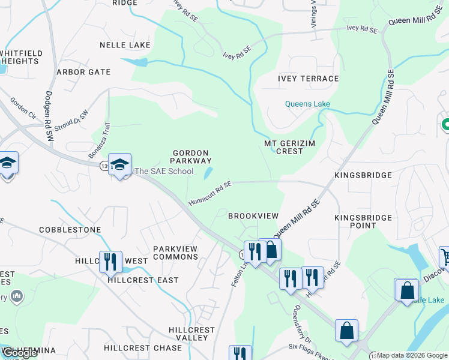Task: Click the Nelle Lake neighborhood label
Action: [124, 45]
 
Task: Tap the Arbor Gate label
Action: [83, 72]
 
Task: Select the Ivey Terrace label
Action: [308, 79]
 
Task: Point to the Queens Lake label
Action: [307, 104]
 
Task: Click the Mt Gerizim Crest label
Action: [292, 147]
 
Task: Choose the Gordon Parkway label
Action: [191, 157]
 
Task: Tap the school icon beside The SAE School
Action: [119, 165]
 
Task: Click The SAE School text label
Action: [164, 171]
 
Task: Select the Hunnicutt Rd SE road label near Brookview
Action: [209, 193]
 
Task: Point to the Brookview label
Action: [253, 215]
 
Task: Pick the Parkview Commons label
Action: [175, 253]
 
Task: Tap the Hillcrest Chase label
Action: [142, 348]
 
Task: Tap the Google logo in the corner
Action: [19, 353]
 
